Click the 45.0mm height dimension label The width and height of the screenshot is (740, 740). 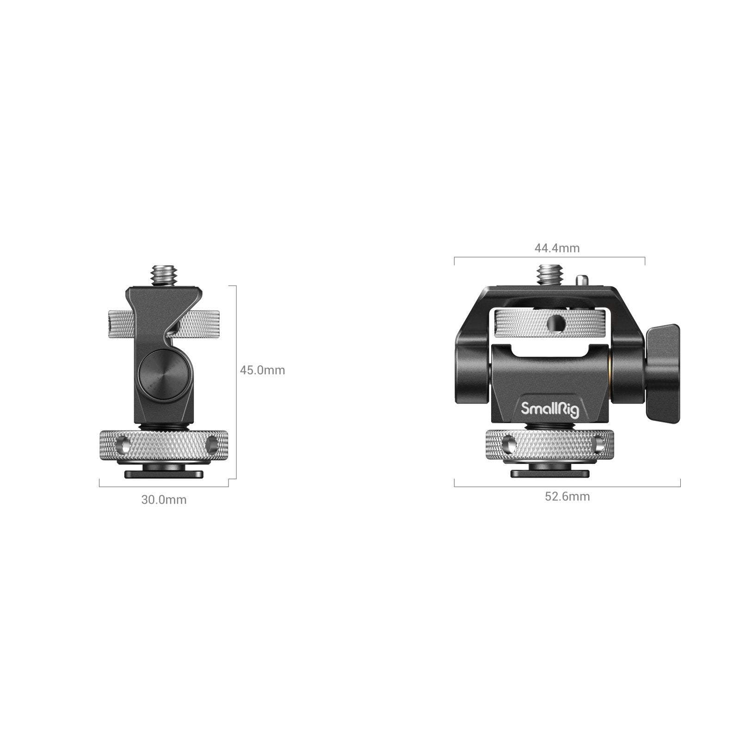(x=262, y=370)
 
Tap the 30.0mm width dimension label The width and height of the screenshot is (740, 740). (x=164, y=499)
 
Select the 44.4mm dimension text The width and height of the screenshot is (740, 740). (x=557, y=248)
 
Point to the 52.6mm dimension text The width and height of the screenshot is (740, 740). (x=567, y=496)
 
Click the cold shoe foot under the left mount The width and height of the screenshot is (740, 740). (x=164, y=474)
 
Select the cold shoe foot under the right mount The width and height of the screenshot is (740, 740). (x=549, y=474)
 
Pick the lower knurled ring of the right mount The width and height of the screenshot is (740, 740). (x=550, y=445)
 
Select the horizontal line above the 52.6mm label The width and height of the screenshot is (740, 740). (x=567, y=487)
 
